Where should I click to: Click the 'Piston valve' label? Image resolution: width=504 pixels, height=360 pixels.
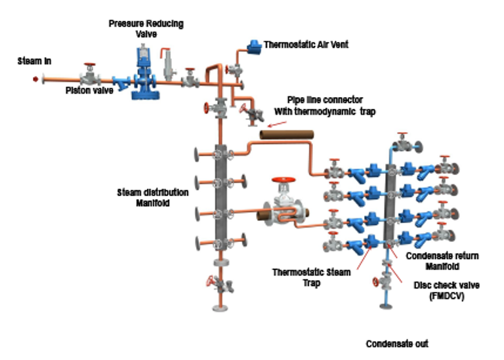pos(88,90)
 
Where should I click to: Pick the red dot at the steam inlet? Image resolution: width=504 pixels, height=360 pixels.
pos(35,80)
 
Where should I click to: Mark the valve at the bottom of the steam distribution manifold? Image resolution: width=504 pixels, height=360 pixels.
pos(220,285)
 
